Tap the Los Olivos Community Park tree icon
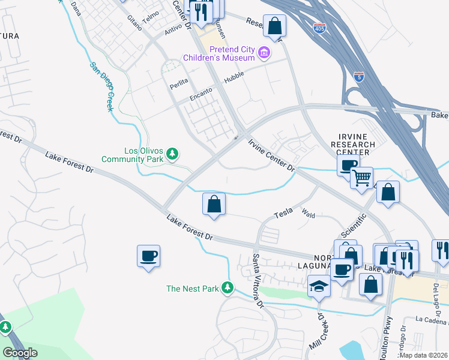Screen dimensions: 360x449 [173, 154]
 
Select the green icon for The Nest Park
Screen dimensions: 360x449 [228, 289]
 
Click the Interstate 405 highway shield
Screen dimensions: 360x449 [319, 28]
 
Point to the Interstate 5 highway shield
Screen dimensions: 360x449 [358, 77]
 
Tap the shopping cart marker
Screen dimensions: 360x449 [361, 177]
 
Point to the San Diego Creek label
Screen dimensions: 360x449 [102, 86]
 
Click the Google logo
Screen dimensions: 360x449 [20, 353]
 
